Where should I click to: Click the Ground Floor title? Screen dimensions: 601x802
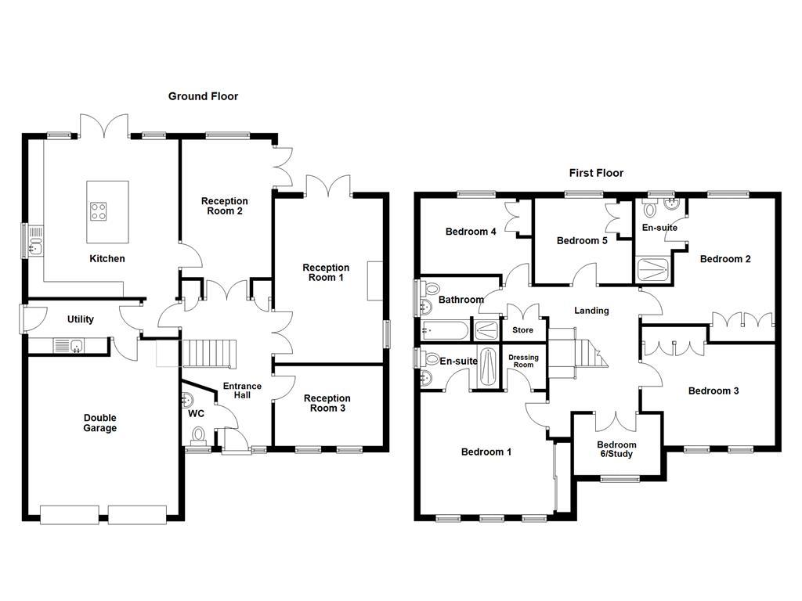click(x=203, y=96)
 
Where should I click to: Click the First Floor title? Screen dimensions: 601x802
click(x=596, y=173)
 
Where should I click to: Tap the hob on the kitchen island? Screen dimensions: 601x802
click(x=99, y=210)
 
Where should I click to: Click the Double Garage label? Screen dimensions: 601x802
click(x=100, y=423)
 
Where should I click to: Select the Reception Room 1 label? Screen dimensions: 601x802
click(x=326, y=272)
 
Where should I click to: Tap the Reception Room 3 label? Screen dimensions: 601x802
click(x=327, y=403)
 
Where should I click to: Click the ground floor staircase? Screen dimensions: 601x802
click(x=208, y=354)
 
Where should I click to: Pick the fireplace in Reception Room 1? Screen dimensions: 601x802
click(x=374, y=279)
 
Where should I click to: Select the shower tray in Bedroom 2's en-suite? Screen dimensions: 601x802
click(x=652, y=269)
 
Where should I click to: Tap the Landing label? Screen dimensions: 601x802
click(x=591, y=311)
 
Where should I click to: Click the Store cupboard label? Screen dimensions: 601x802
click(x=522, y=330)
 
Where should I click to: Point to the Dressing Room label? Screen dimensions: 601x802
click(x=522, y=362)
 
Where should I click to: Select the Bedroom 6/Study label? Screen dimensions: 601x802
click(x=616, y=449)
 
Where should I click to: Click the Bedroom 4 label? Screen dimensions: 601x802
click(x=471, y=232)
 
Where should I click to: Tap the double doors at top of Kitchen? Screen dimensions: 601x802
click(x=104, y=125)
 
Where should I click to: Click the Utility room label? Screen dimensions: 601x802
click(x=80, y=319)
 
